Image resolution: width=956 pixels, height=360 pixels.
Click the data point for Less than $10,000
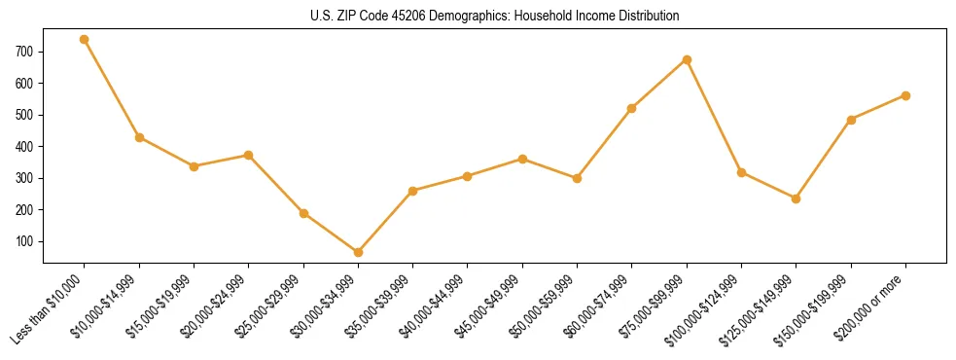click(85, 40)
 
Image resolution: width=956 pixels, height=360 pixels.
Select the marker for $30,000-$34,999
click(358, 252)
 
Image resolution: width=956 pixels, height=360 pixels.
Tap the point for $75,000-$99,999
click(687, 59)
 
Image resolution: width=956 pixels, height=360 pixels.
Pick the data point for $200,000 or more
click(905, 95)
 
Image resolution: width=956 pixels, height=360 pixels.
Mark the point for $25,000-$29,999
click(303, 213)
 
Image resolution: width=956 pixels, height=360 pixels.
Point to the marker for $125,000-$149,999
click(796, 198)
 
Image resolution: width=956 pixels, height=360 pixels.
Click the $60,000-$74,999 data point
click(632, 108)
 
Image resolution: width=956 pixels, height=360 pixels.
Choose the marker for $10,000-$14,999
click(139, 137)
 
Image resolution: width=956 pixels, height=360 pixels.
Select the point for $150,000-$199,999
click(851, 120)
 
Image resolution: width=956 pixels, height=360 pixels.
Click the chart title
click(494, 17)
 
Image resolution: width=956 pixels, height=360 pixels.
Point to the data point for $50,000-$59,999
click(577, 178)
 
